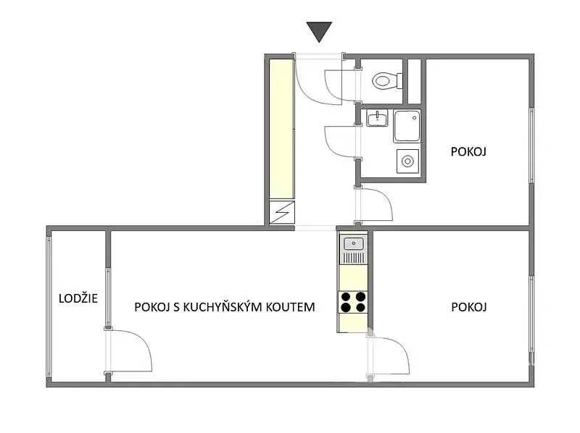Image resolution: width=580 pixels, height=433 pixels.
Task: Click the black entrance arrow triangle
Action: [x=319, y=30]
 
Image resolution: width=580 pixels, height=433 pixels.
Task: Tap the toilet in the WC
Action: [x=387, y=80]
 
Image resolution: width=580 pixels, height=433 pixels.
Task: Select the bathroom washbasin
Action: [x=377, y=118]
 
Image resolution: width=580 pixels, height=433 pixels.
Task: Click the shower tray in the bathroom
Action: [x=407, y=126]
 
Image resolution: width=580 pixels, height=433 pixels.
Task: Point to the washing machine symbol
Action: [x=407, y=161]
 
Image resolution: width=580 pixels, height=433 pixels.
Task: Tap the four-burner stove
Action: [x=353, y=302]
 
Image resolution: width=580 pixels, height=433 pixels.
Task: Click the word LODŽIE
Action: [x=78, y=298]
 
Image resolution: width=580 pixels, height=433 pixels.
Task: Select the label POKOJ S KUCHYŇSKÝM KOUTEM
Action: [x=225, y=307]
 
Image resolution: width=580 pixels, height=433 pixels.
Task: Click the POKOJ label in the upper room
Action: [x=468, y=151]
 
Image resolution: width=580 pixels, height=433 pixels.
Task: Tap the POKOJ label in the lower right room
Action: [x=468, y=307]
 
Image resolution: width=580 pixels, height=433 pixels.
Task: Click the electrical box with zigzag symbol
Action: [x=282, y=212]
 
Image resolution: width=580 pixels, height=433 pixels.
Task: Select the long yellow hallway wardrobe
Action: [x=281, y=130]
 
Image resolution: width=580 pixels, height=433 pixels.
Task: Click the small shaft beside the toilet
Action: [x=414, y=81]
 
